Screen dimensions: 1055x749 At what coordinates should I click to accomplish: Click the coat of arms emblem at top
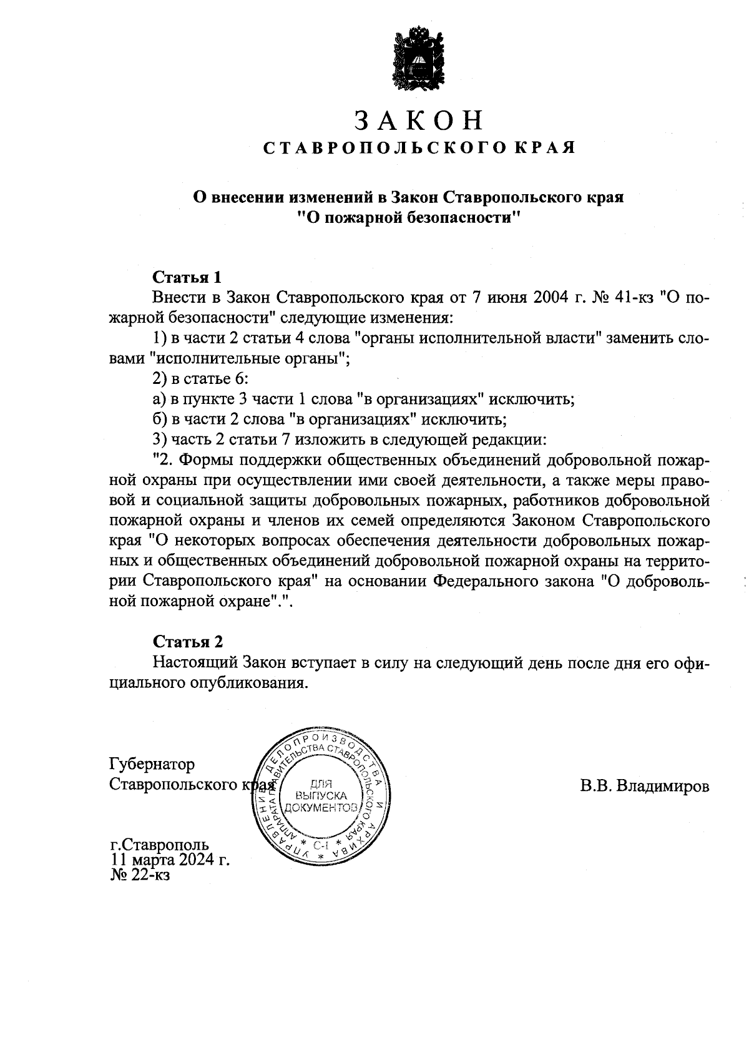[418, 59]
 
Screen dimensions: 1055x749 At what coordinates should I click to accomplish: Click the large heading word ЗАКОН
[418, 120]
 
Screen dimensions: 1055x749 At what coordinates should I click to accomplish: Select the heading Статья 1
[187, 277]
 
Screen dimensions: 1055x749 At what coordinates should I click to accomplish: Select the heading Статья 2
[188, 641]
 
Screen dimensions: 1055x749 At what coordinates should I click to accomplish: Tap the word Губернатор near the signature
[151, 764]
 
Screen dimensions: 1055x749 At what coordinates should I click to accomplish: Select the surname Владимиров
[662, 786]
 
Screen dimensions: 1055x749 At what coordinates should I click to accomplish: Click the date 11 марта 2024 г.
[170, 860]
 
